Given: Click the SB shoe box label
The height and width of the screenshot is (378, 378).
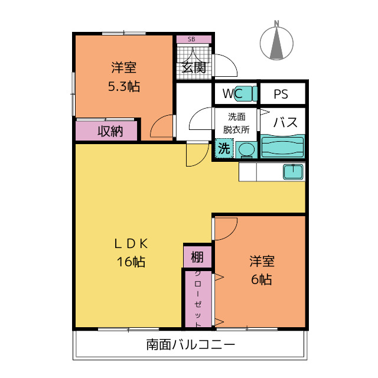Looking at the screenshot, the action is [x=191, y=39].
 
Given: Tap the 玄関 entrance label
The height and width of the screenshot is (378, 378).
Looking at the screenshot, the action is [x=194, y=67].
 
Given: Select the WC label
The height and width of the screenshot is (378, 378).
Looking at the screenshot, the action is [x=233, y=93].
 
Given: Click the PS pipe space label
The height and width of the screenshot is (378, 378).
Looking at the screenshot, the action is [x=281, y=94].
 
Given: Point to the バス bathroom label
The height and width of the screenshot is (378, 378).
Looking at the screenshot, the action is [x=285, y=122].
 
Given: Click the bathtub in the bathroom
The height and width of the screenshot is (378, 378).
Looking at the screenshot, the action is [x=282, y=147].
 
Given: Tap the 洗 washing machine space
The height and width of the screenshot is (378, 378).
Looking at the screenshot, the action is [x=224, y=148].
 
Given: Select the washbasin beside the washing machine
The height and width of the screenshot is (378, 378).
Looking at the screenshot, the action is [x=246, y=149].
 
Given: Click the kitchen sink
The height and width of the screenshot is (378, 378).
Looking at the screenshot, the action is [x=293, y=172].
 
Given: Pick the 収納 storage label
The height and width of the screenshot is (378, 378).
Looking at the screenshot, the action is [x=110, y=131].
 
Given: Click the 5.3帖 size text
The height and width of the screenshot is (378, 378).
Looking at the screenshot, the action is [x=123, y=86].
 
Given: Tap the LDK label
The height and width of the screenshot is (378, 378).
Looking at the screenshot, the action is [x=131, y=244].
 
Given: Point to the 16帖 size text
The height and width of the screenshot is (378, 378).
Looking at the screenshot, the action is [x=131, y=262].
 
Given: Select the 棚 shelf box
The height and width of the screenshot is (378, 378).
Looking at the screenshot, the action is [x=197, y=257].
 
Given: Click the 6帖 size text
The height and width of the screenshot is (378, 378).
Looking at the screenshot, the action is [x=262, y=279].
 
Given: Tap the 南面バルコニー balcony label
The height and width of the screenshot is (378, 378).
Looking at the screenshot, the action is [x=190, y=344].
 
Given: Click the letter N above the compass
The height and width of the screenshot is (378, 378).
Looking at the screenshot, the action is [x=276, y=24].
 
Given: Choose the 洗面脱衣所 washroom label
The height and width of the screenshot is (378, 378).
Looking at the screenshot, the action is [x=236, y=123].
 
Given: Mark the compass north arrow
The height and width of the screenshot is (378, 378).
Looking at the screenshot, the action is [x=276, y=43].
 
